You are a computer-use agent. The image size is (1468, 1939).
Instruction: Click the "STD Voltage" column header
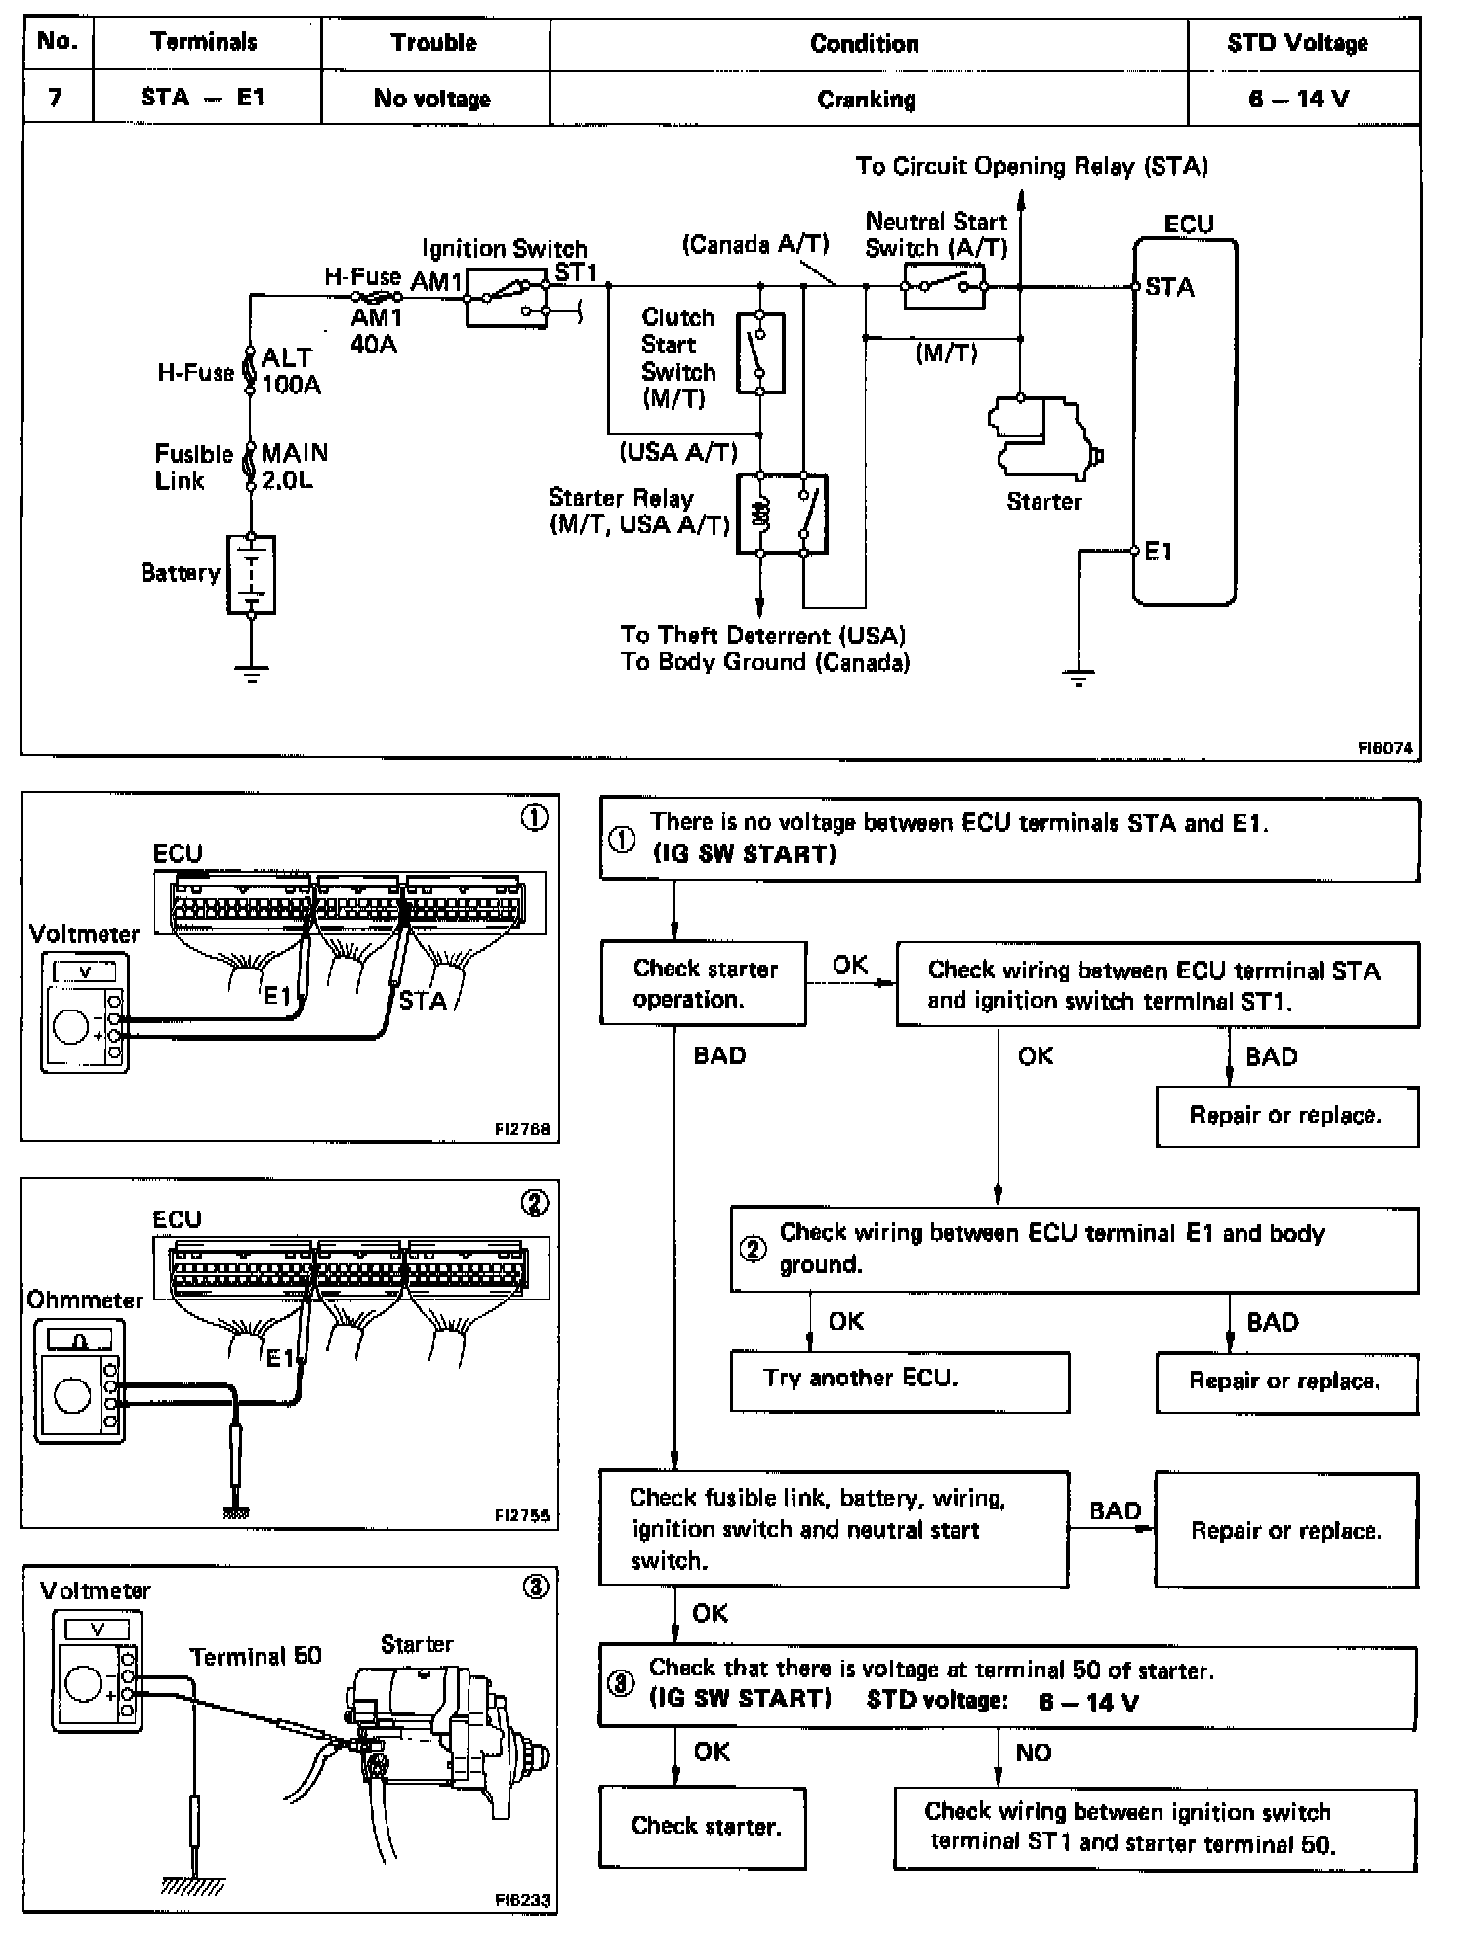point(1297,43)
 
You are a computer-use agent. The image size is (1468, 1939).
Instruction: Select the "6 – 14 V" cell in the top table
point(1298,99)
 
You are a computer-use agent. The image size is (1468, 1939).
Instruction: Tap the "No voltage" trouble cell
point(432,99)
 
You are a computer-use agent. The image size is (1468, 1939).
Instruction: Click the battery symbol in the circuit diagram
point(251,574)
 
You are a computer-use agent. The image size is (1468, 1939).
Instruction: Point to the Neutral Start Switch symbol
point(943,286)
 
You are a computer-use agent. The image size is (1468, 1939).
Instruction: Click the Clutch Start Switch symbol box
point(759,352)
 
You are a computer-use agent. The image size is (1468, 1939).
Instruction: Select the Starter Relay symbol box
point(782,514)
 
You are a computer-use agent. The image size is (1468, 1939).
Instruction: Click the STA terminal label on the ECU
point(1169,287)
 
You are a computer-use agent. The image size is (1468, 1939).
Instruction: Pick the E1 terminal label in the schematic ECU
point(1159,552)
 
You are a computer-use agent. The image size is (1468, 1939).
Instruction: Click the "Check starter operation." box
point(703,983)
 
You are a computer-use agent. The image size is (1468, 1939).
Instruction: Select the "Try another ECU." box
point(899,1381)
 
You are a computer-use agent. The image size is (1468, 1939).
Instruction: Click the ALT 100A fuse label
point(289,371)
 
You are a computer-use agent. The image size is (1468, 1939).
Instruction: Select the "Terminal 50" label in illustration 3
point(256,1657)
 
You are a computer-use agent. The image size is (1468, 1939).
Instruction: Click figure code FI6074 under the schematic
point(1385,748)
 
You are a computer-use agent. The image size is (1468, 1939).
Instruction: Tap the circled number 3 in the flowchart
point(622,1684)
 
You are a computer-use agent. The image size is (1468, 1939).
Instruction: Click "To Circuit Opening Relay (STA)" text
point(1032,166)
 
